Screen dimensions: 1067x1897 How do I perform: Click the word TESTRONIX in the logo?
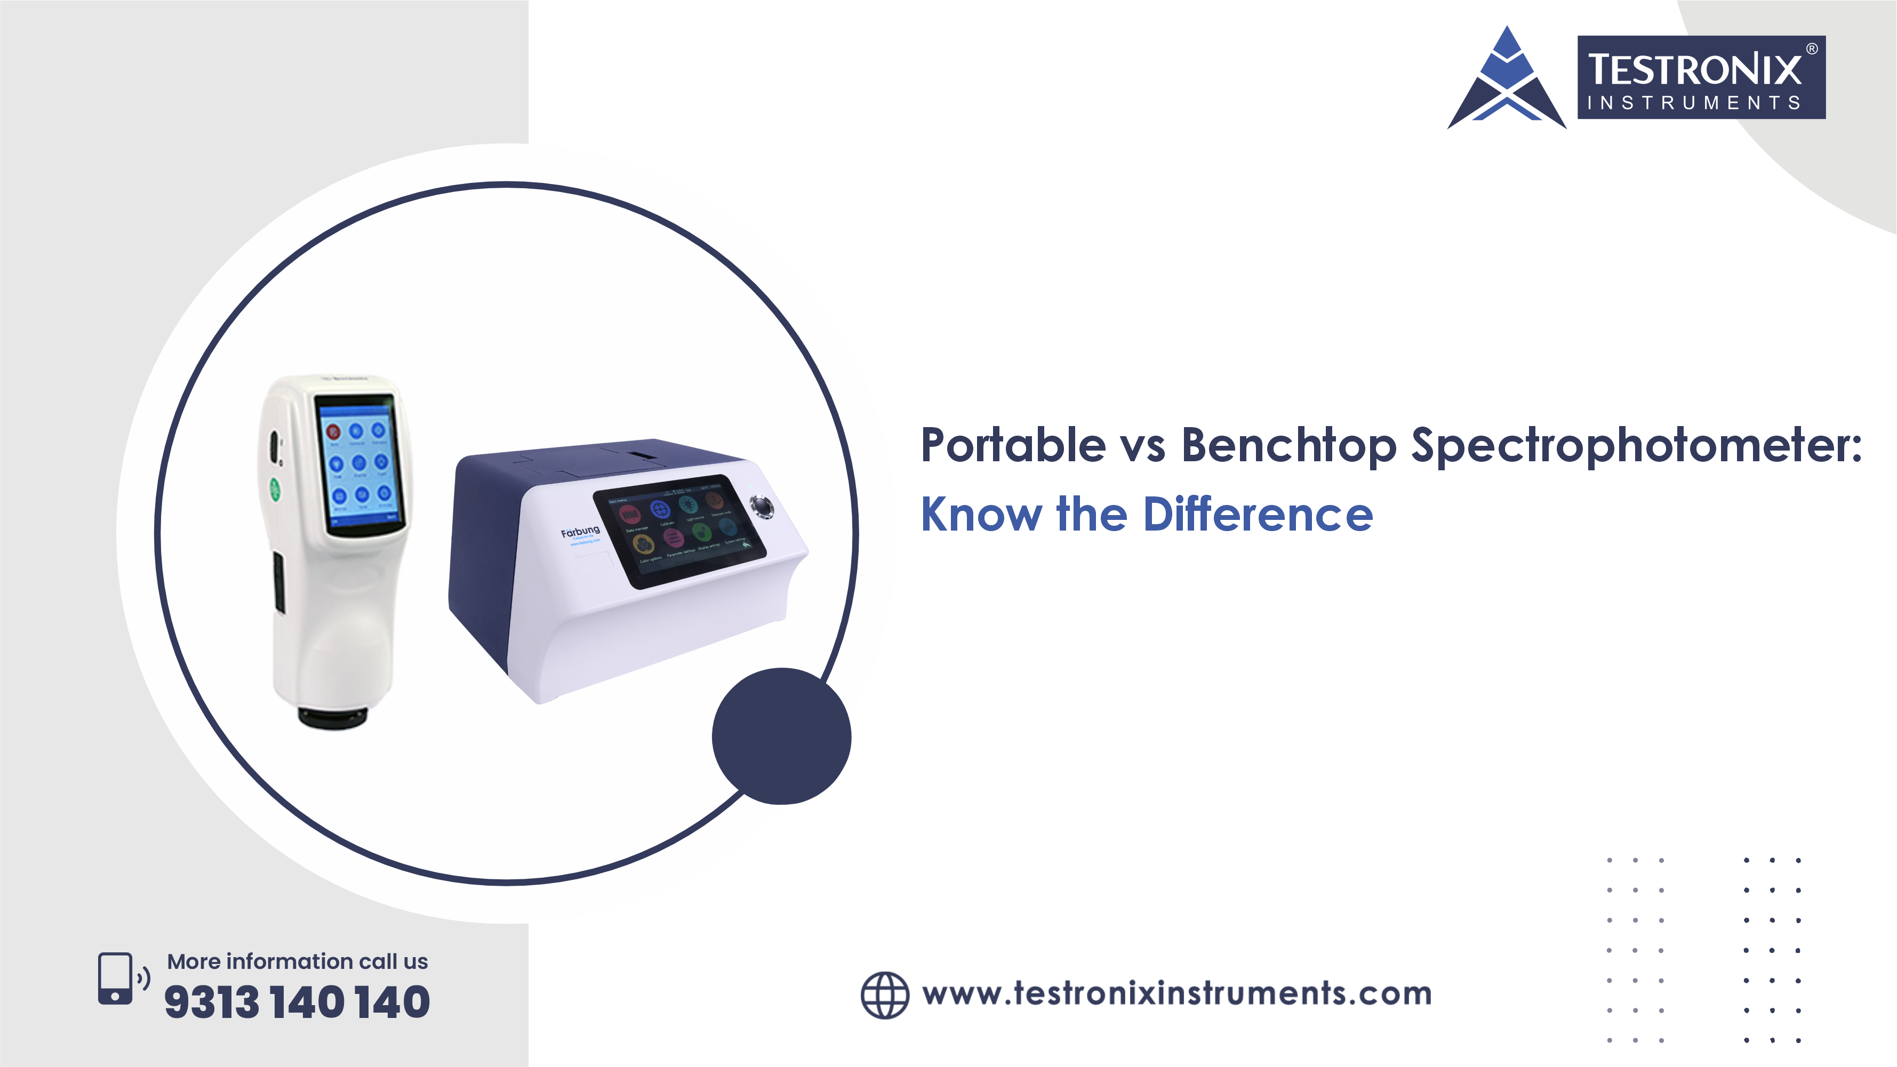pyautogui.click(x=1694, y=69)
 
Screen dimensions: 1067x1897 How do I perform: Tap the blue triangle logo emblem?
pyautogui.click(x=1507, y=81)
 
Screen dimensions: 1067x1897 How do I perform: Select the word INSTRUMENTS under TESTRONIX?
pyautogui.click(x=1694, y=103)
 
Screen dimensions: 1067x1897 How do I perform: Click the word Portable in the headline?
pyautogui.click(x=1013, y=445)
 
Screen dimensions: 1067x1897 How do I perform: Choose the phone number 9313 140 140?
pyautogui.click(x=297, y=1002)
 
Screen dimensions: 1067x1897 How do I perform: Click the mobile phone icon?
pyautogui.click(x=116, y=978)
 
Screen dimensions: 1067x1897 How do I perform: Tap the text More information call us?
pyautogui.click(x=298, y=961)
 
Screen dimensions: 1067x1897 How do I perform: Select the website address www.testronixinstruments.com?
pyautogui.click(x=1177, y=993)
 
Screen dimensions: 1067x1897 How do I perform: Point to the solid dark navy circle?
pyautogui.click(x=781, y=736)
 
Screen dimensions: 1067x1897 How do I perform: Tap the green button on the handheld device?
pyautogui.click(x=275, y=489)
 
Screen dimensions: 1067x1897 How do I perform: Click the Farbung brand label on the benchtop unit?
pyautogui.click(x=580, y=532)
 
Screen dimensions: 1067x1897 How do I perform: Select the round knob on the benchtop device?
pyautogui.click(x=762, y=506)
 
